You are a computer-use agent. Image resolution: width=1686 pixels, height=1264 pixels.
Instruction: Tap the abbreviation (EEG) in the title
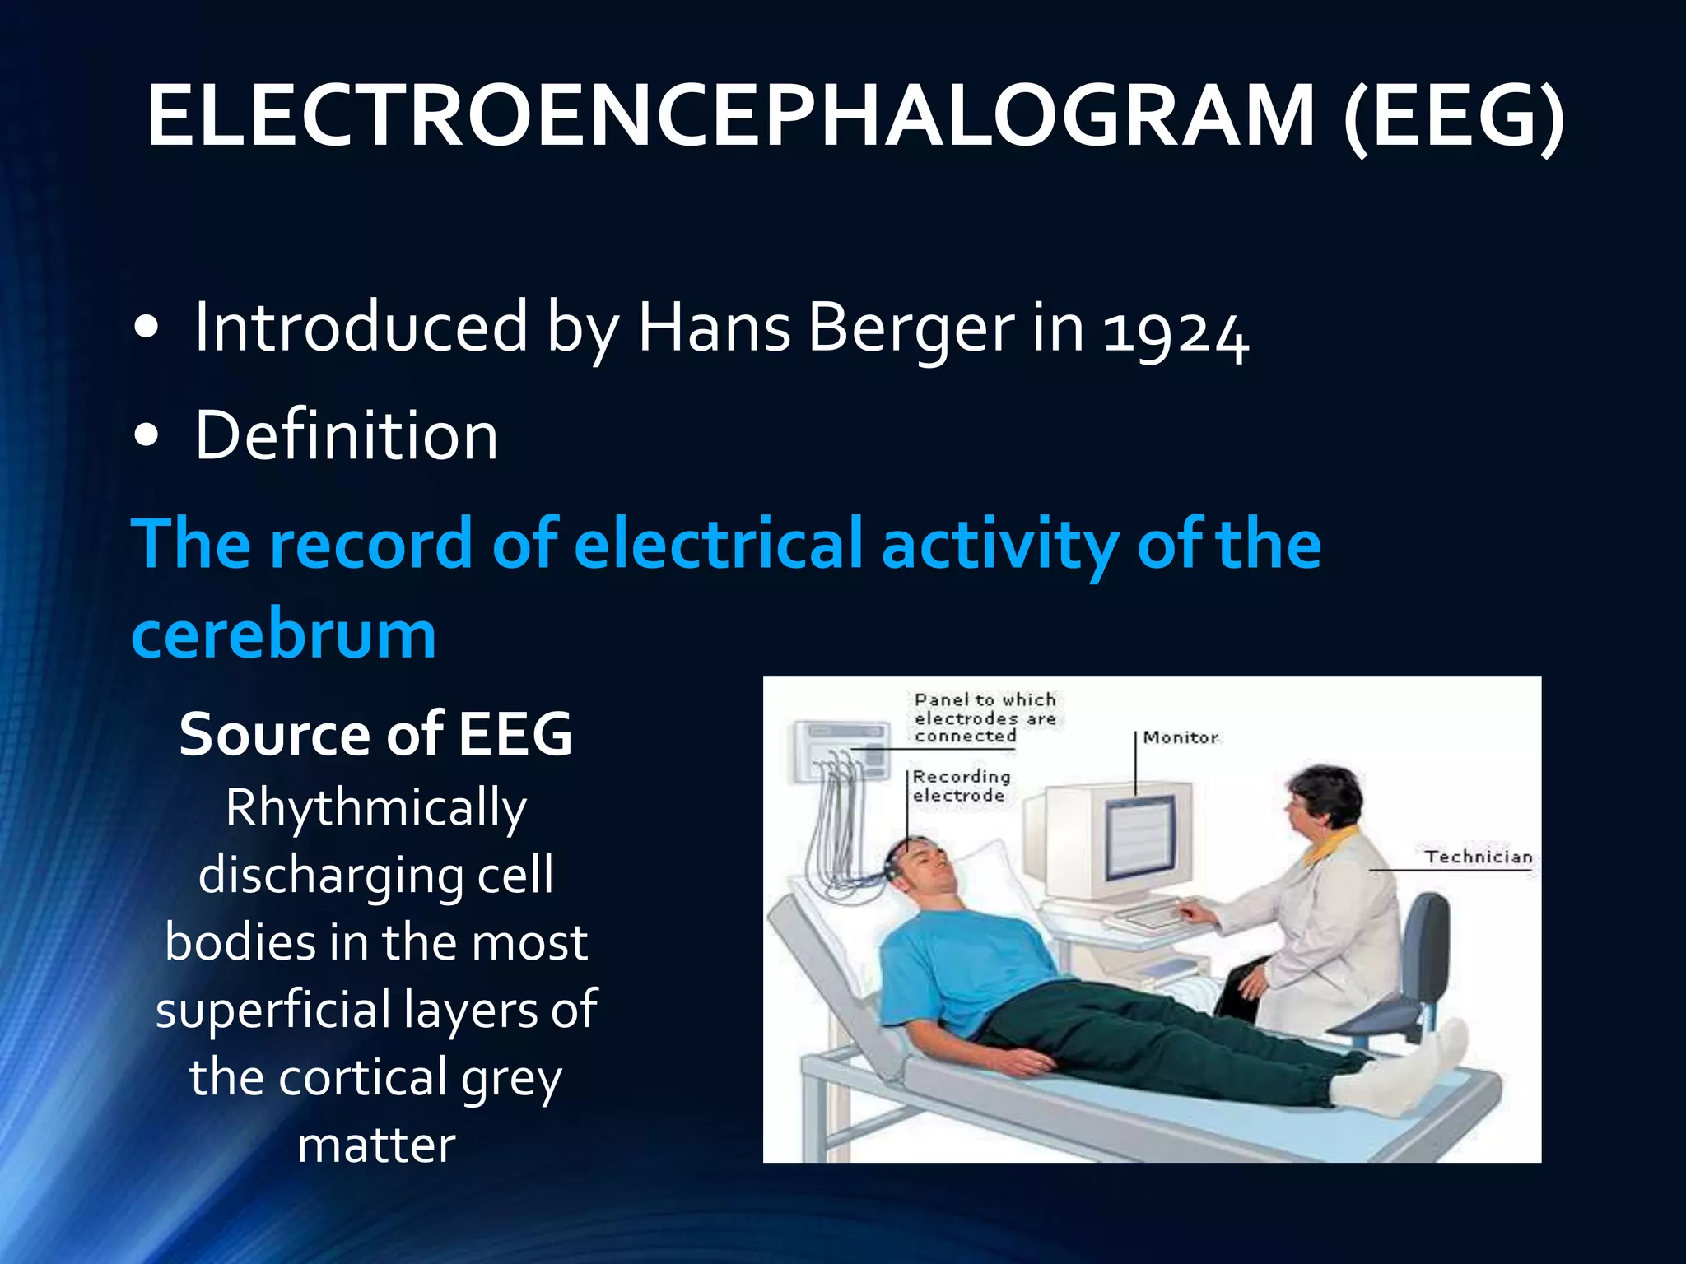[x=1452, y=117]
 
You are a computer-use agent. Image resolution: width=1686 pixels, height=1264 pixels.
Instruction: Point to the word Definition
[x=346, y=436]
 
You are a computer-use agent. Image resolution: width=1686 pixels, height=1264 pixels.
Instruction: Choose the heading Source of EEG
[x=375, y=734]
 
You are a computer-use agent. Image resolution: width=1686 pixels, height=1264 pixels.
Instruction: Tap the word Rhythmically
[x=375, y=808]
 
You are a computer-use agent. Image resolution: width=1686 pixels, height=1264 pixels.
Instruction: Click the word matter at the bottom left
[x=375, y=1145]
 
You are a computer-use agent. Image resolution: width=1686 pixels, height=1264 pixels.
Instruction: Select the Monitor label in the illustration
[x=1180, y=737]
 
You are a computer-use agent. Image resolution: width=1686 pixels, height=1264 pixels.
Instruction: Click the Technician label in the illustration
[x=1478, y=857]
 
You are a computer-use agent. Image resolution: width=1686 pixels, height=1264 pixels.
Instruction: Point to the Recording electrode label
[x=960, y=786]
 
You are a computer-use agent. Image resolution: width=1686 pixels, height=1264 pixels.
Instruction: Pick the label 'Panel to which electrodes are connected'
[x=985, y=718]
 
